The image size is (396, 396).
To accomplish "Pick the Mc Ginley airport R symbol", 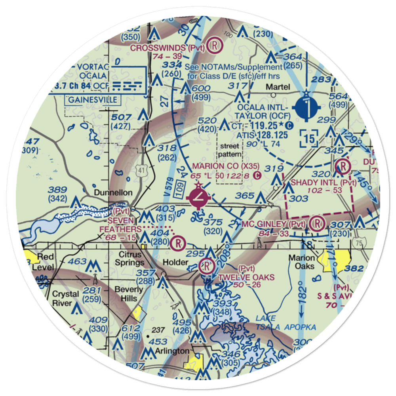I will click(317, 224).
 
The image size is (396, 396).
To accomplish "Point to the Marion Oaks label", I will click(302, 261).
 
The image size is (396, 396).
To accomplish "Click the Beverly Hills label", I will click(129, 293).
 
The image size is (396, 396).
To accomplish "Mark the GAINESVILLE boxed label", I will click(92, 99).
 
